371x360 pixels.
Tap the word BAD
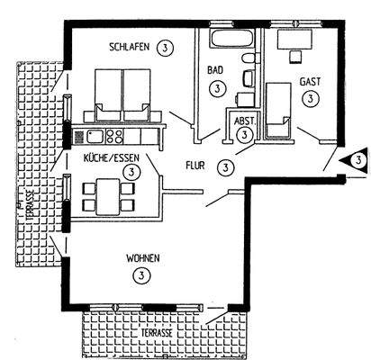tap(215, 69)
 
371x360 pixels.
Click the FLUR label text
tap(196, 166)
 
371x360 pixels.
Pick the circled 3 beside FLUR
tap(226, 166)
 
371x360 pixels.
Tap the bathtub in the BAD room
tap(228, 40)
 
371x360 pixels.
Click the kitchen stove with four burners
tap(114, 137)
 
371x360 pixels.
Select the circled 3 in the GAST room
tap(310, 98)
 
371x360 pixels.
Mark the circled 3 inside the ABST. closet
tap(245, 133)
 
